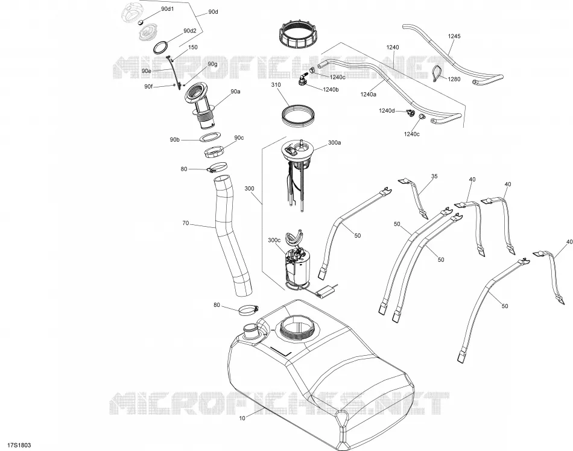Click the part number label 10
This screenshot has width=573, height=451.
point(242,418)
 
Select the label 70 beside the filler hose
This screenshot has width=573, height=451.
point(186,223)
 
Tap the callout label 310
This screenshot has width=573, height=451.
point(276,85)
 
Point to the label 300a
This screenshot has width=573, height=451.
point(334,143)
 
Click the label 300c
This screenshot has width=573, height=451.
point(274,241)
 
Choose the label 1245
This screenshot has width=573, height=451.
point(454,36)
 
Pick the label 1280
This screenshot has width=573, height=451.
point(454,79)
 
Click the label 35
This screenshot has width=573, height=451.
point(434,177)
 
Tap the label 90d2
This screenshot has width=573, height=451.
point(190,31)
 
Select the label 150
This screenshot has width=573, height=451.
point(193,47)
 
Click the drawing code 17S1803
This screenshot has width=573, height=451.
point(16,445)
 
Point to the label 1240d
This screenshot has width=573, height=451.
point(387,111)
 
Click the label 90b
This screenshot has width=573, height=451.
point(175,139)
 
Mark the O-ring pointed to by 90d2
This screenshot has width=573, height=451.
point(161,48)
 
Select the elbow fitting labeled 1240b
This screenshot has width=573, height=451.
point(302,80)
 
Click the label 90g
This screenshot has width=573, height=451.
point(212,65)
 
